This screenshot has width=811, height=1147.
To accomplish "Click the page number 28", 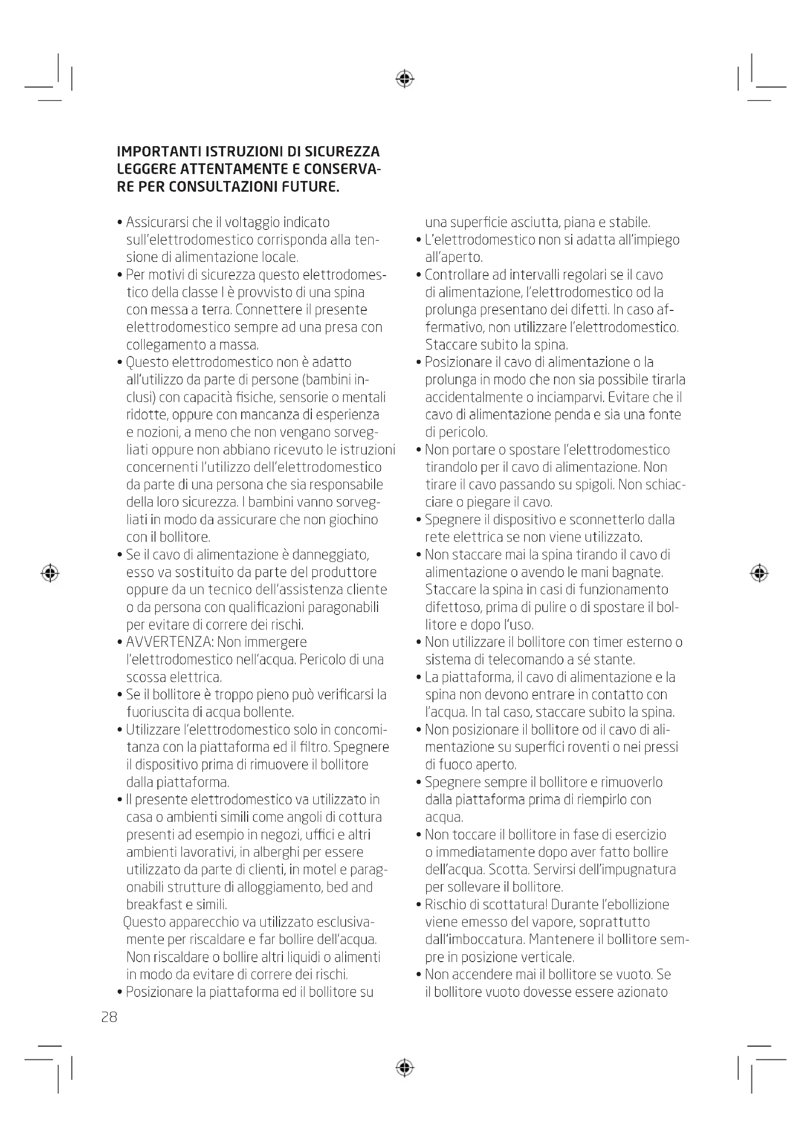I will (x=109, y=1017).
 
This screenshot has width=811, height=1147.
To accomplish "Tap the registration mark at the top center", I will (x=405, y=79).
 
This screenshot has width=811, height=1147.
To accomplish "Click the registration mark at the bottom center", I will (x=405, y=1068).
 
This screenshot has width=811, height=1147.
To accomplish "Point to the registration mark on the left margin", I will (x=50, y=573).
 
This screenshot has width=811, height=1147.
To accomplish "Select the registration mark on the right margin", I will (x=759, y=573).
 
